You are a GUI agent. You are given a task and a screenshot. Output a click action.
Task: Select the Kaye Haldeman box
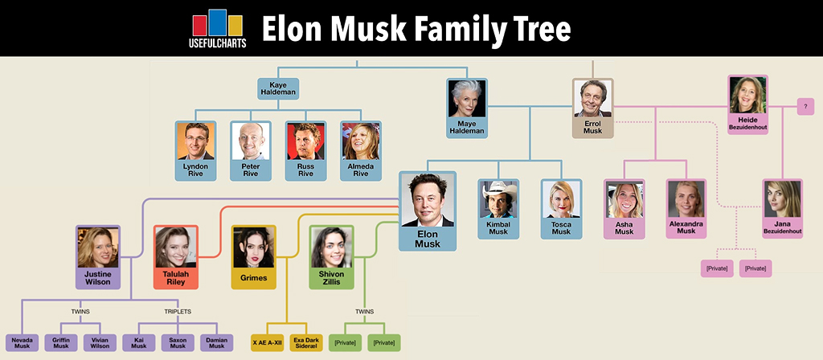click(x=278, y=88)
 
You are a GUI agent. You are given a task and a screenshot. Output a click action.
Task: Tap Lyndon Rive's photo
click(x=196, y=141)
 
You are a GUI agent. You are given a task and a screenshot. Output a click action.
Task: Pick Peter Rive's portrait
click(x=251, y=141)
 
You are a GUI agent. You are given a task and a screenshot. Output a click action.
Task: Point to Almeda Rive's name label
click(x=360, y=170)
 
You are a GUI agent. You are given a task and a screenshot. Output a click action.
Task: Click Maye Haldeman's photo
click(x=467, y=99)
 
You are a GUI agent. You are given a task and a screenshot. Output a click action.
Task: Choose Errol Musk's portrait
click(x=592, y=99)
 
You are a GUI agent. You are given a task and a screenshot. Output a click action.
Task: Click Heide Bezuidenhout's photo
click(x=747, y=95)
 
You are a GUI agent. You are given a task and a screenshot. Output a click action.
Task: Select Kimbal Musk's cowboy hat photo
click(x=498, y=200)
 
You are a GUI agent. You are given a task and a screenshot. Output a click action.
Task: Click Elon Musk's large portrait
click(x=428, y=201)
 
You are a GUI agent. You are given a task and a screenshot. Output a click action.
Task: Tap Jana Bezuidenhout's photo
click(x=782, y=200)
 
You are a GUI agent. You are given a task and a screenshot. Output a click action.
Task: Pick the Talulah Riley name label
click(x=175, y=278)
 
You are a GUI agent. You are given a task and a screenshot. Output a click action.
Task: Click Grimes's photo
click(x=253, y=247)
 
